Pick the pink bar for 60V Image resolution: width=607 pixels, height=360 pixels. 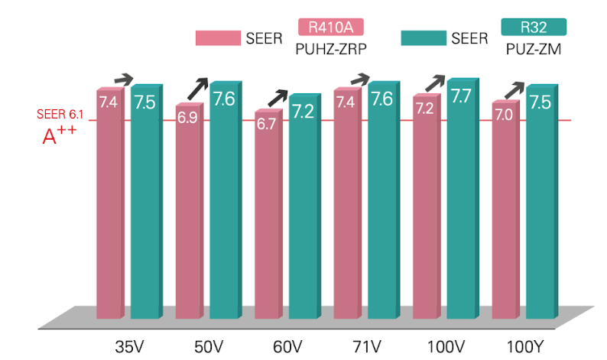pyautogui.click(x=266, y=214)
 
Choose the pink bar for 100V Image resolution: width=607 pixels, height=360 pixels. pyautogui.click(x=425, y=206)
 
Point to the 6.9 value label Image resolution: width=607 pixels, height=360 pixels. pyautogui.click(x=187, y=118)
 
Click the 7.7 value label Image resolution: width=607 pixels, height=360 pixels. pyautogui.click(x=462, y=96)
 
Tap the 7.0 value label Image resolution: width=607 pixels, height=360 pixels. pyautogui.click(x=503, y=115)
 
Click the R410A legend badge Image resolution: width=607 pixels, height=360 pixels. pyautogui.click(x=329, y=28)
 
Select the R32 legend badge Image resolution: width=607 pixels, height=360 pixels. pyautogui.click(x=534, y=28)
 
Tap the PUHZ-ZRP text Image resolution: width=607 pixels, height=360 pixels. pyautogui.click(x=330, y=48)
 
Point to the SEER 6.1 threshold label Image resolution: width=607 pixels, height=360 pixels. pyautogui.click(x=60, y=115)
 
